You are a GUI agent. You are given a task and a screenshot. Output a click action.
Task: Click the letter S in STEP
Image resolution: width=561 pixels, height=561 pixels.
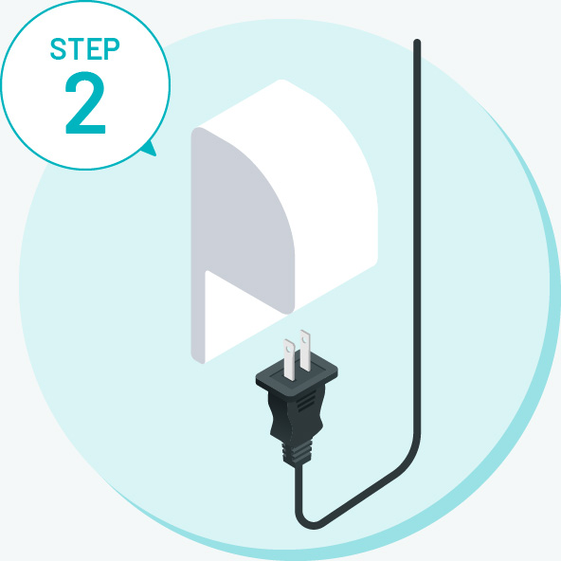[59, 48]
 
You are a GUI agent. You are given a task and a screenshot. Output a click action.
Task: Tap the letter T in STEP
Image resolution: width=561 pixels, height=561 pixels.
[76, 49]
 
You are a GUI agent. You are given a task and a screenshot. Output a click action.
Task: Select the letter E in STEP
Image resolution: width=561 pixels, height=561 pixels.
[93, 49]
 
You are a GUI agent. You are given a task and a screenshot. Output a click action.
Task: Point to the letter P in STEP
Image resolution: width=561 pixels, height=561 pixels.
[111, 49]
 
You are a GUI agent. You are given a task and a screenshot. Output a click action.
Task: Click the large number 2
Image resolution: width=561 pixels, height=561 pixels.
[85, 102]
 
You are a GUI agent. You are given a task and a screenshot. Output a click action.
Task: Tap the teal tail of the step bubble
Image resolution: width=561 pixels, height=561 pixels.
[151, 149]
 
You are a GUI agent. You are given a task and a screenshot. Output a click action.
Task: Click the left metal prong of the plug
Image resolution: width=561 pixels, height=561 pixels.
[289, 359]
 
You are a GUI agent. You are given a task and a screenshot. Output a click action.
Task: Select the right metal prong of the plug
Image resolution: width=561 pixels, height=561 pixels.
[305, 351]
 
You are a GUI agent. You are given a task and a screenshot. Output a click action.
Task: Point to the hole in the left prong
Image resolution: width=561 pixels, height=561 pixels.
[288, 347]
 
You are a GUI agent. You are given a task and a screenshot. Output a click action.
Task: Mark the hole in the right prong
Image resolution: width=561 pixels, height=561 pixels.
[304, 337]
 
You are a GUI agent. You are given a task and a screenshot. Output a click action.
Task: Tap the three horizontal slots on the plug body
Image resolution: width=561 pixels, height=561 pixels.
[307, 401]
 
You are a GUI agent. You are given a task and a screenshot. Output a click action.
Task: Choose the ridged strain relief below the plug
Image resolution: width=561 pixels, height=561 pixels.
[297, 453]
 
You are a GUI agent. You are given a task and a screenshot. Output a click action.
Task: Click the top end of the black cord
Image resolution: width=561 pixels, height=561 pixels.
[417, 43]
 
